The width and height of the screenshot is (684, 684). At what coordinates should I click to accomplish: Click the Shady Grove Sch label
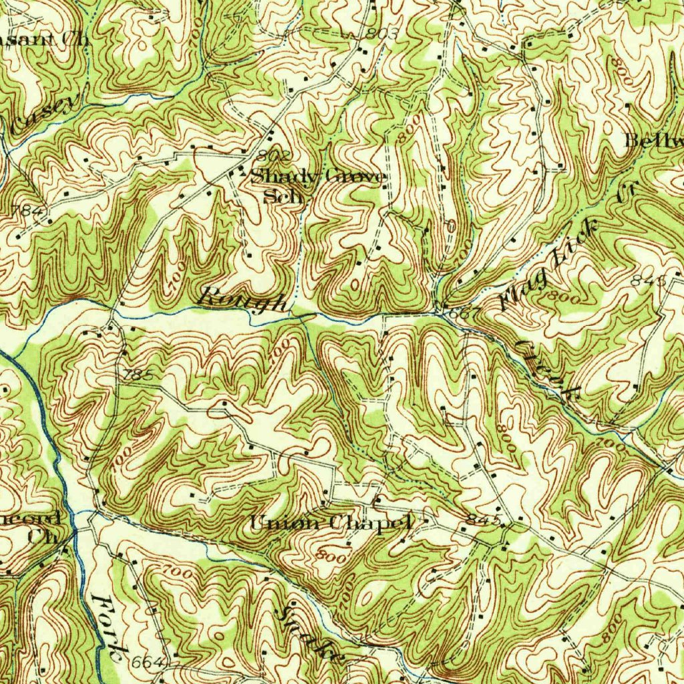click(x=317, y=186)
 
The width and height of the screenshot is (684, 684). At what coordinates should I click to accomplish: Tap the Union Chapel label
click(x=331, y=522)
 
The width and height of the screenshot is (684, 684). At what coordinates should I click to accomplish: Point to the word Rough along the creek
click(x=245, y=299)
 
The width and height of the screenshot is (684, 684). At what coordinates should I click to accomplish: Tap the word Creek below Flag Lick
click(x=544, y=370)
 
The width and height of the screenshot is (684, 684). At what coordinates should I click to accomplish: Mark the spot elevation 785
click(x=138, y=376)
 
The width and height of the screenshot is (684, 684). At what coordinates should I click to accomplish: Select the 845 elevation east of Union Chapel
click(x=484, y=520)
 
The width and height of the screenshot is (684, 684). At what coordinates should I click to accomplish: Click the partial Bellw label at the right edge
click(x=654, y=141)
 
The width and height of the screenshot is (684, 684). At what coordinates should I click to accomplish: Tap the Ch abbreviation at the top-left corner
click(x=75, y=38)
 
